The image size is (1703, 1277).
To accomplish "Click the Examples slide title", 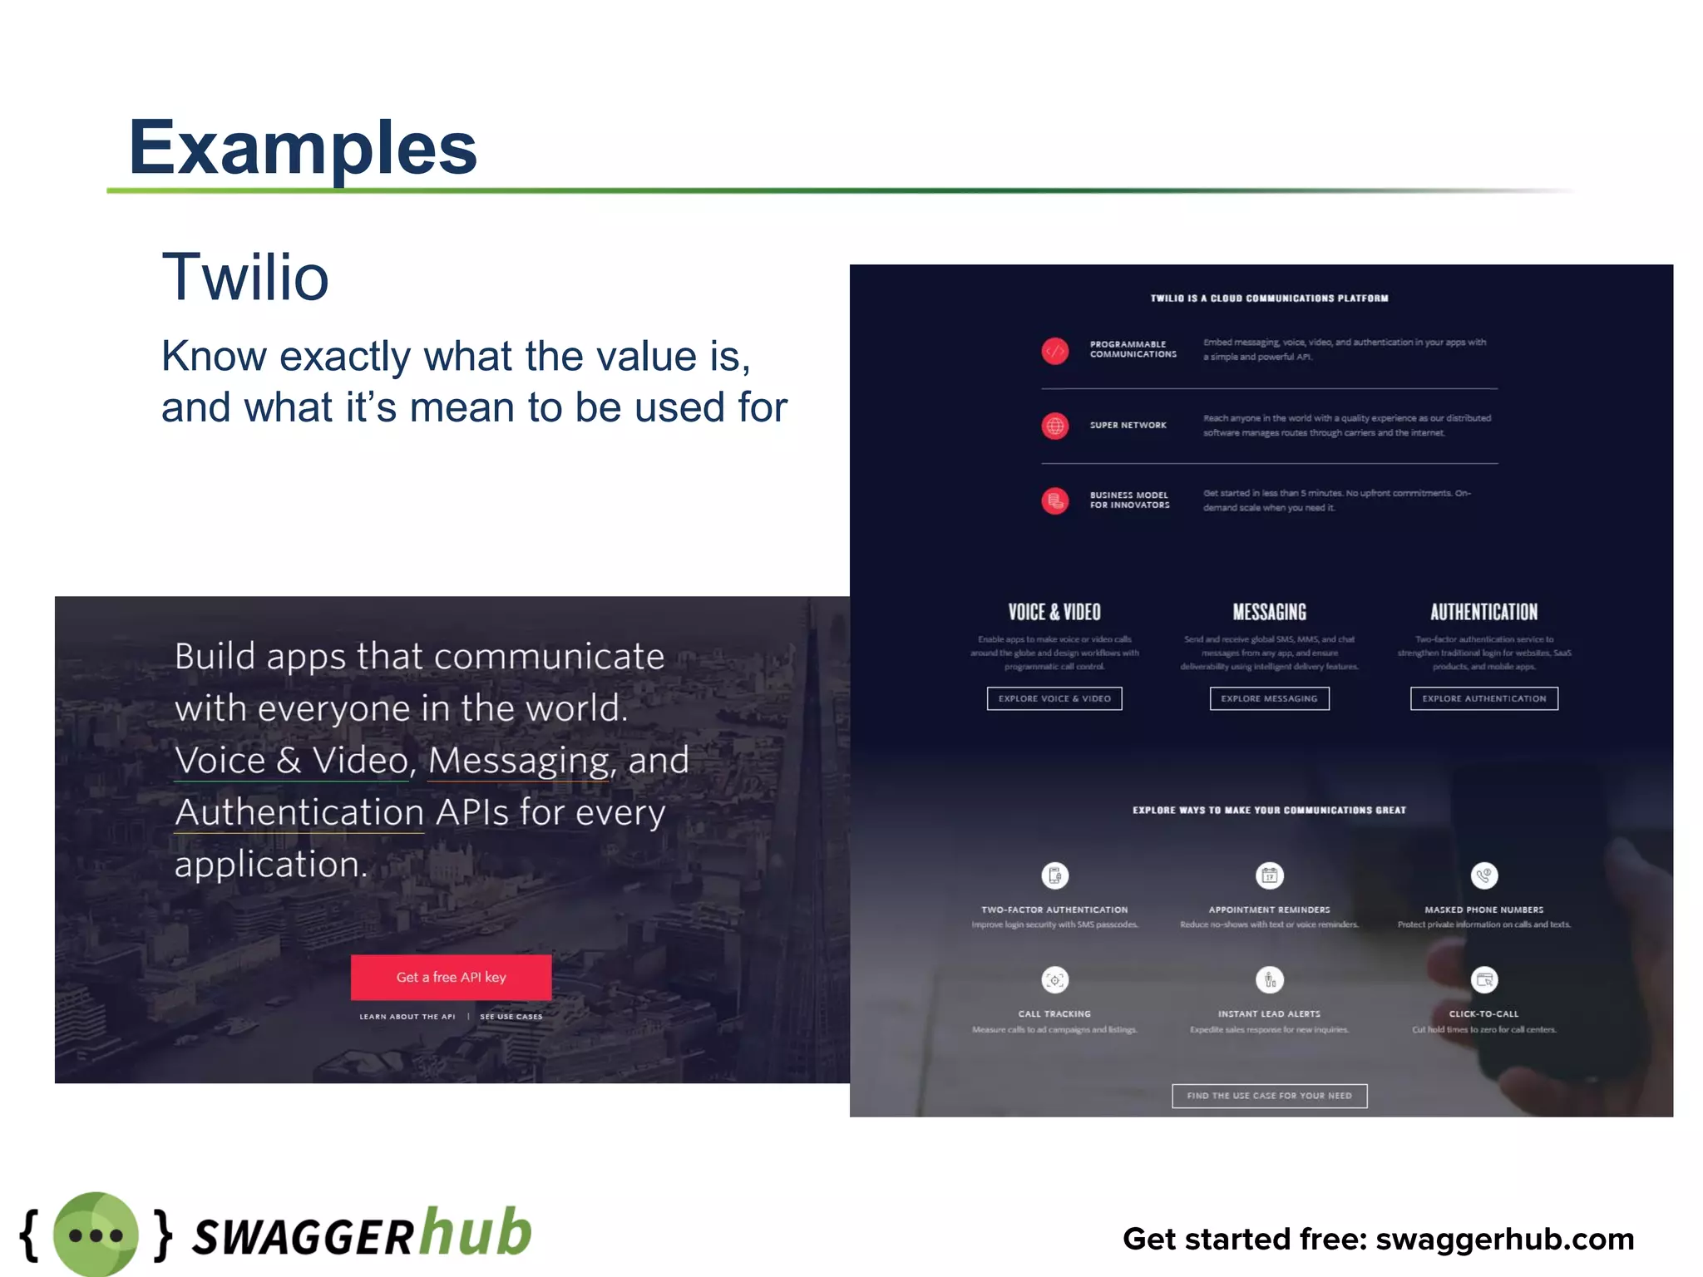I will click(x=303, y=148).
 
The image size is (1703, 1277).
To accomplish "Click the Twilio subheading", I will click(x=245, y=277).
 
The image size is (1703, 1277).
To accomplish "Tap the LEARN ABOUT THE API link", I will click(x=407, y=1017).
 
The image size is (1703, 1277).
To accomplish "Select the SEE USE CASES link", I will click(x=511, y=1017).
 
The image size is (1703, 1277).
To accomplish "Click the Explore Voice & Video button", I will click(x=1054, y=698).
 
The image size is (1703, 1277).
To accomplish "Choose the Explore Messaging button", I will click(x=1269, y=698).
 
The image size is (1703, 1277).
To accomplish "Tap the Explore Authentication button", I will click(x=1483, y=698).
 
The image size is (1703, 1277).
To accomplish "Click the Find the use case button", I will click(x=1269, y=1096).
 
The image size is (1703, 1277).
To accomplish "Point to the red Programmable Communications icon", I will click(x=1054, y=351).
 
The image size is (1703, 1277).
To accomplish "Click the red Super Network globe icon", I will click(x=1054, y=426).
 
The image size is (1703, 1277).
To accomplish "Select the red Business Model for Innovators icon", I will click(x=1054, y=500).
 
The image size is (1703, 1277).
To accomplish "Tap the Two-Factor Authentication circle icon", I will click(x=1054, y=875).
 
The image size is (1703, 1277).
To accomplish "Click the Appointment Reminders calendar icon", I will click(x=1269, y=875).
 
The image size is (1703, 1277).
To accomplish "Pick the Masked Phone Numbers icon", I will click(x=1484, y=875).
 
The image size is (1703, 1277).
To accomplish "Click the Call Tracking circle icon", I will click(x=1054, y=980).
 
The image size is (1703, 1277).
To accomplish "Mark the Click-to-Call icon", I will click(x=1484, y=980).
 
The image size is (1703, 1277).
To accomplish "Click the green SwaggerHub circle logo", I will click(x=96, y=1235).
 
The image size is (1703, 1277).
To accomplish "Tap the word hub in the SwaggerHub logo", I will click(x=476, y=1231).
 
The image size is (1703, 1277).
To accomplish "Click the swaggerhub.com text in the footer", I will click(x=1504, y=1239).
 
